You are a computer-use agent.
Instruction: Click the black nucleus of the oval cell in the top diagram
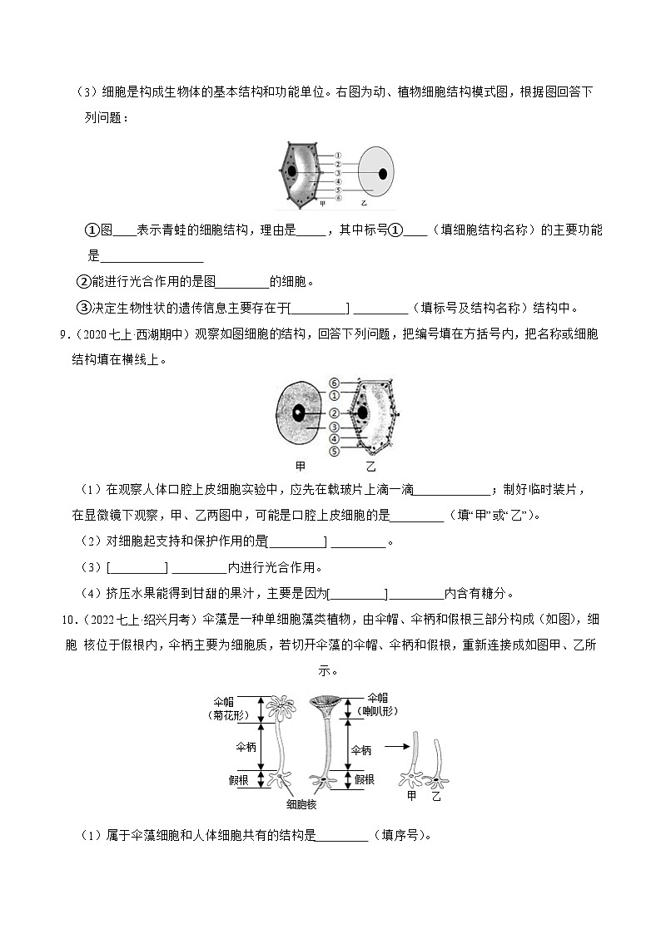[383, 174]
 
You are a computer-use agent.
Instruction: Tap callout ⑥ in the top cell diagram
[340, 198]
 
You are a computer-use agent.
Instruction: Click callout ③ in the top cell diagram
[340, 173]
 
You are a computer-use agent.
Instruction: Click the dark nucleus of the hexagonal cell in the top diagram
[292, 172]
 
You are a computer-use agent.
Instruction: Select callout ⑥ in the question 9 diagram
[332, 383]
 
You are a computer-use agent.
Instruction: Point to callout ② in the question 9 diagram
[332, 413]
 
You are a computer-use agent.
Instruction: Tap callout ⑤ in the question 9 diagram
[332, 452]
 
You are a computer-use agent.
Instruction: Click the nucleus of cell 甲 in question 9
[298, 412]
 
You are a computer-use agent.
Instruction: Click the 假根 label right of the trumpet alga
[364, 779]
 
